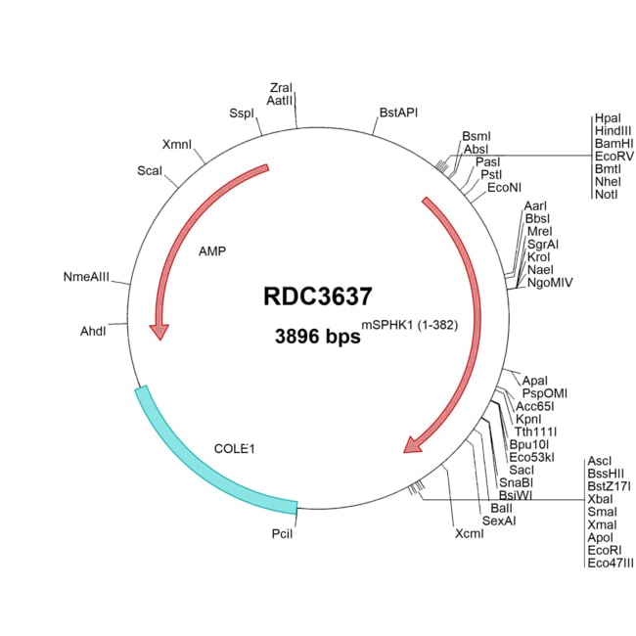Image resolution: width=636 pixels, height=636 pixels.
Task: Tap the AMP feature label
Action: [x=211, y=251]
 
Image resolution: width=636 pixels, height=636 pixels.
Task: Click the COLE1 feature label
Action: [x=234, y=449]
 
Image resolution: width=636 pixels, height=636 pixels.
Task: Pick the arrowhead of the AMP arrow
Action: [x=157, y=332]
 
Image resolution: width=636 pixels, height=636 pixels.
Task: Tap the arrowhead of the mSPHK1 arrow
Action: [x=415, y=445]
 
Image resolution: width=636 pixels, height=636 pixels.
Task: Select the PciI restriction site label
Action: [x=282, y=533]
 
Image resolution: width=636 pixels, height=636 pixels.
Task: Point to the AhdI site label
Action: [x=93, y=330]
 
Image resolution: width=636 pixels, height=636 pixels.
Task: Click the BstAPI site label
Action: [x=398, y=113]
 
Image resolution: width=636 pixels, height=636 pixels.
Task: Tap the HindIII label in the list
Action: [x=613, y=130]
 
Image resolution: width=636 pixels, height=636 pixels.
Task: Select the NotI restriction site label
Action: [x=606, y=194]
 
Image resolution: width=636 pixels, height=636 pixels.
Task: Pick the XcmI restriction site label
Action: [x=470, y=534]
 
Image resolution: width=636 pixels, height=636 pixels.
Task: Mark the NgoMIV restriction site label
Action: [x=550, y=282]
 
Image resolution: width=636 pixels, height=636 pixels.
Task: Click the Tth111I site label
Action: [x=536, y=432]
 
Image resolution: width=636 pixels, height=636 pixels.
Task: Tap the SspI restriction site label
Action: [x=242, y=113]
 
